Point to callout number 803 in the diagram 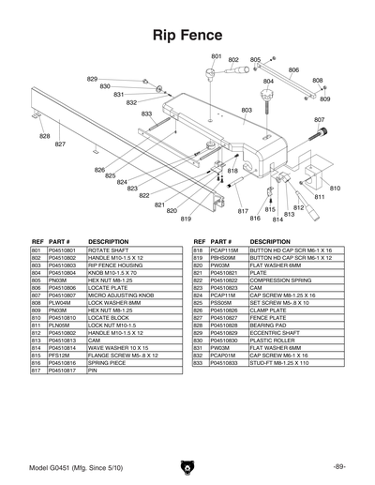(247, 110)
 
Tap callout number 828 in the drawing (44, 137)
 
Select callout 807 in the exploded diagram (319, 120)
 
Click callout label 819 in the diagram (186, 219)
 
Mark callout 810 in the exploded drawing (335, 189)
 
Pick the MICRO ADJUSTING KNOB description (119, 296)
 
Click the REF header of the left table (38, 241)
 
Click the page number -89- (338, 466)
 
